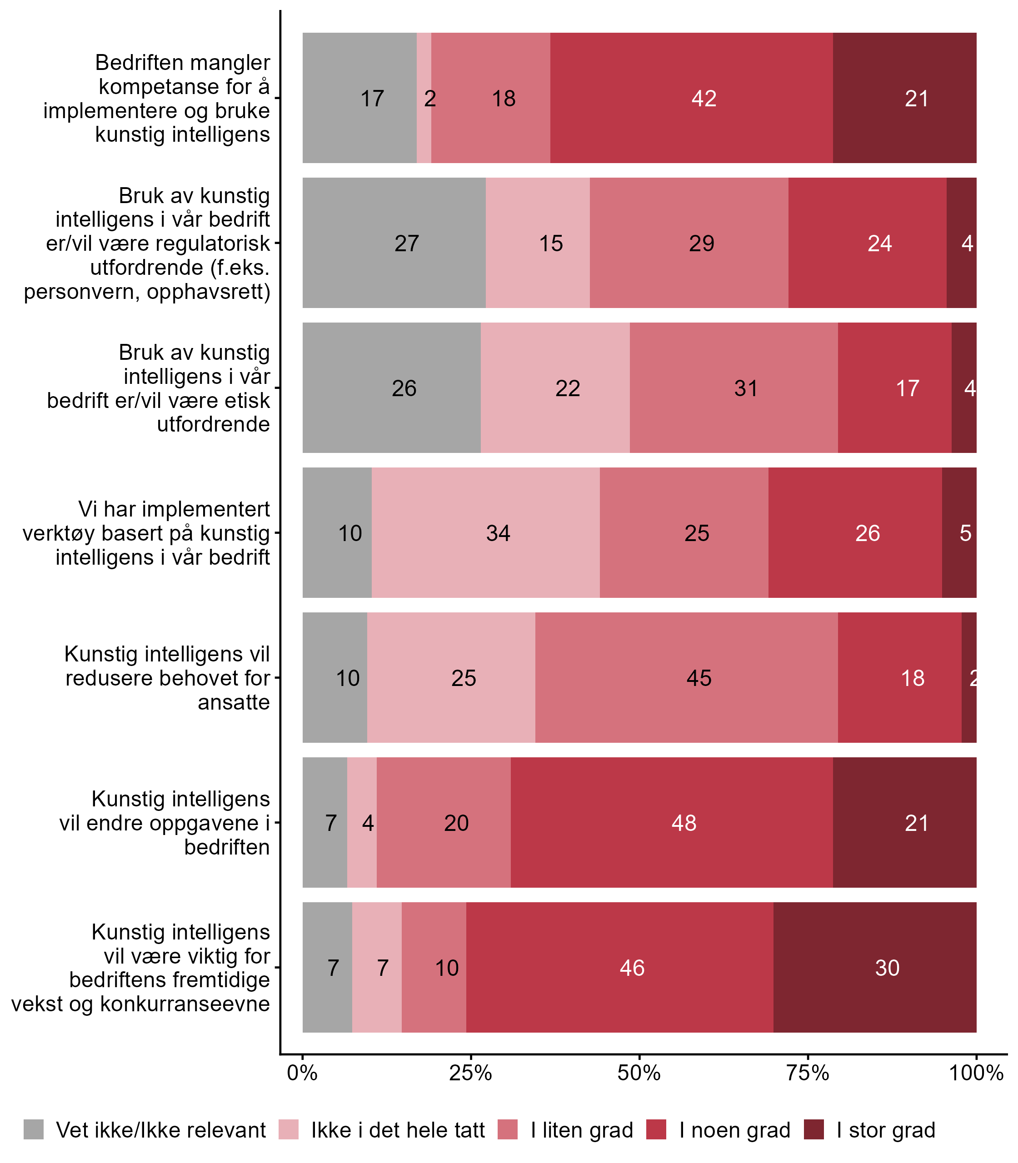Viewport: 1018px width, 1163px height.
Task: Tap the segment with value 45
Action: click(686, 677)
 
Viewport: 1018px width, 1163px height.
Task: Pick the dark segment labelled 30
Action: click(875, 967)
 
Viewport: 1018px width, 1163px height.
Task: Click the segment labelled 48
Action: click(672, 822)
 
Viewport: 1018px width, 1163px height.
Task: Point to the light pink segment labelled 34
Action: click(486, 532)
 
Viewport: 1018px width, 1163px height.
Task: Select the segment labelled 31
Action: click(734, 388)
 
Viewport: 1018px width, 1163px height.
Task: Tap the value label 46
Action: click(632, 968)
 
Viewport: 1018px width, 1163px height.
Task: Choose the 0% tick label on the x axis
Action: click(302, 1073)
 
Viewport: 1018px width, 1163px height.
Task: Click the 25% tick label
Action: click(470, 1073)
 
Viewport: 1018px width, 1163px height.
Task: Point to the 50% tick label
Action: click(639, 1073)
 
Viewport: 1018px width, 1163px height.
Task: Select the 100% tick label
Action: click(976, 1073)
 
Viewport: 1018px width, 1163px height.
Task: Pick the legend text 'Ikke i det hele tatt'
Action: click(398, 1130)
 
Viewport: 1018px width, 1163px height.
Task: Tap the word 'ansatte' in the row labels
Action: click(234, 702)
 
